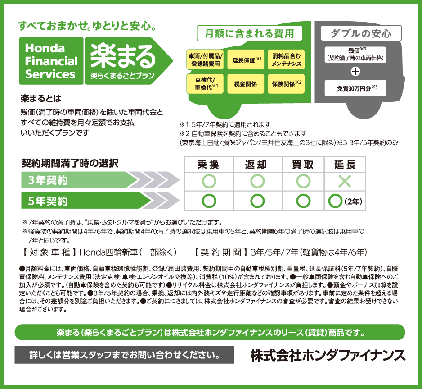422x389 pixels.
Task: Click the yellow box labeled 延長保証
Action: point(246,59)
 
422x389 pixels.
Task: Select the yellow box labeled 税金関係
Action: point(246,84)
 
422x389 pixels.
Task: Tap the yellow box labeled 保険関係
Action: point(286,84)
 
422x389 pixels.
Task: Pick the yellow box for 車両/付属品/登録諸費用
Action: point(205,59)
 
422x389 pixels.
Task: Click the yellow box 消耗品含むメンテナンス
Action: point(286,59)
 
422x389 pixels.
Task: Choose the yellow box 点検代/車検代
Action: point(205,84)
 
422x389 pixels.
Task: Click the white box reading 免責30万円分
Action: point(355,88)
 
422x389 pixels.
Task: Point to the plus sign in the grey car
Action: point(355,71)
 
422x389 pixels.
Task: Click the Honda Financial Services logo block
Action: point(51,61)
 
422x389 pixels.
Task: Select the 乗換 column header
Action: point(208,165)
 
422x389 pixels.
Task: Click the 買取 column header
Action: point(303,165)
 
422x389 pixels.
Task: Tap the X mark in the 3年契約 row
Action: point(345,181)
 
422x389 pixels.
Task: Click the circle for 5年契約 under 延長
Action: point(335,201)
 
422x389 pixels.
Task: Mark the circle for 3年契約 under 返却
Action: point(257,181)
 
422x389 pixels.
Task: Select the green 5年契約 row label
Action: point(86,201)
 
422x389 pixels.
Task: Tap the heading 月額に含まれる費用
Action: point(249,33)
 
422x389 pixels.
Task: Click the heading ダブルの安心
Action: point(361,33)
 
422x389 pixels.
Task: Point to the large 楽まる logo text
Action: point(123,56)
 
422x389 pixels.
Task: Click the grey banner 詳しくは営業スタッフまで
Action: point(124,355)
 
